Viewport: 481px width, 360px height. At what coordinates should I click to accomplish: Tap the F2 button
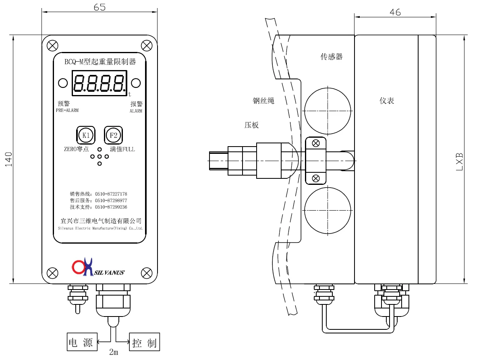pos(113,135)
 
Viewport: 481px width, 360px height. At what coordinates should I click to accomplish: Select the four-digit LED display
pos(99,83)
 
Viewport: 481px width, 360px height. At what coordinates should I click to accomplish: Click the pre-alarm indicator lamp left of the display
pos(63,83)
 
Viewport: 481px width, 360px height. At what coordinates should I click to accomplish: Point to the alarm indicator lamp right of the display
pos(136,83)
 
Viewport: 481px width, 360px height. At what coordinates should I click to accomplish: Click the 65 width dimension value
pos(99,7)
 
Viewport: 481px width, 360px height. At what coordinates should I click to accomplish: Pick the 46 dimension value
pos(395,12)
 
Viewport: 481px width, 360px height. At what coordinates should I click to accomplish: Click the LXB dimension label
pos(459,161)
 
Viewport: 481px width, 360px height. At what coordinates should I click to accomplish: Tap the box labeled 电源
pos(82,343)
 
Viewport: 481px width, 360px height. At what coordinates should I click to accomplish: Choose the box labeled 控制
pos(144,343)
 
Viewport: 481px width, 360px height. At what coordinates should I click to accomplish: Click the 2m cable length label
pos(114,352)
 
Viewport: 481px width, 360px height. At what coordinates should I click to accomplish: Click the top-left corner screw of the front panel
pos(52,45)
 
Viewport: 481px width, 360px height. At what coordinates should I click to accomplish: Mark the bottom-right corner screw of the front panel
pos(147,273)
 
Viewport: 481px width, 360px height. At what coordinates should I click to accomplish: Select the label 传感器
pos(332,57)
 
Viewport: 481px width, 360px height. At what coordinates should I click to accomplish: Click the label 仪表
pos(387,101)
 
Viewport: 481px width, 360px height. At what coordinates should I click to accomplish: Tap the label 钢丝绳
pos(263,101)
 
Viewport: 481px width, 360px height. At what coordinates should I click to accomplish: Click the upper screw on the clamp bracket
pos(316,143)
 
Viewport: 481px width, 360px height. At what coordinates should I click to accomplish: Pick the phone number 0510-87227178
pos(111,194)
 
